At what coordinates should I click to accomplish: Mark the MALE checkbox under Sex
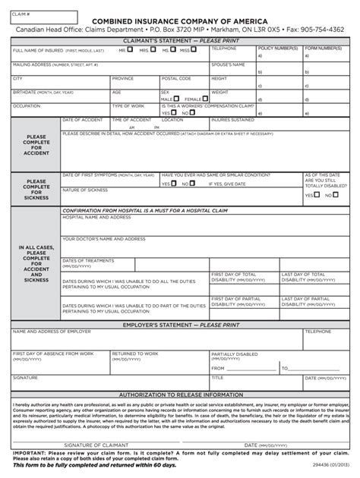[x=178, y=99]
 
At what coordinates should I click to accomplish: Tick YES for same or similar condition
[x=173, y=184]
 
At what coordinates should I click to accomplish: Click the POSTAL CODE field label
[x=176, y=78]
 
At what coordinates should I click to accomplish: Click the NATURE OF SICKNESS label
[x=85, y=190]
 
